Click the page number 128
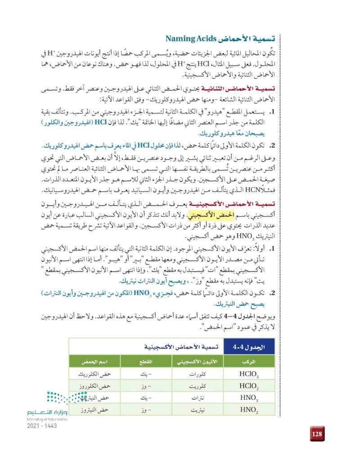(316, 434)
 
